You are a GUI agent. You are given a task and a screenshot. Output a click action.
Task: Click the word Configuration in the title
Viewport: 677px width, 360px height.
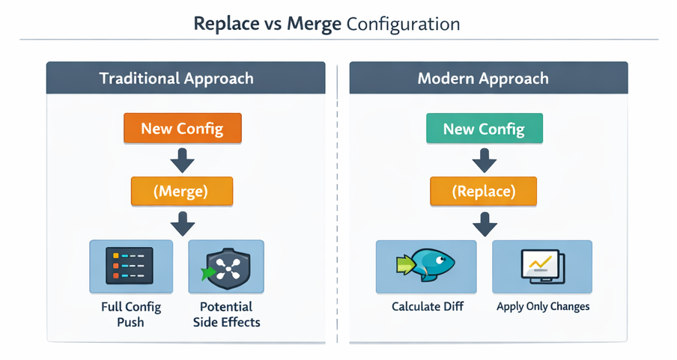pos(403,23)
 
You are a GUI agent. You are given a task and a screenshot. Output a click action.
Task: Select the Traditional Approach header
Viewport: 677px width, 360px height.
pos(177,79)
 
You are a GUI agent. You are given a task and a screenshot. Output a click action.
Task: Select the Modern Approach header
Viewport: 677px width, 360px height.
pos(483,79)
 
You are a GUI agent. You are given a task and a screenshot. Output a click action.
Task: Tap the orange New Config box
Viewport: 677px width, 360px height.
pos(182,128)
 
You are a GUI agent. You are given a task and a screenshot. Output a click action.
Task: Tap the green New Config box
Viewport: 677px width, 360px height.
pos(484,129)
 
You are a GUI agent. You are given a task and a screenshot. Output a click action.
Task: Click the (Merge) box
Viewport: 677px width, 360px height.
pos(181,191)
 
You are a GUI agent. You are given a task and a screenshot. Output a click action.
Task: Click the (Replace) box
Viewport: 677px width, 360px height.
pos(483,191)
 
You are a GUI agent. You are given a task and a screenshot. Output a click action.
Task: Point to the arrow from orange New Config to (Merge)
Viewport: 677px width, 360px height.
pos(182,159)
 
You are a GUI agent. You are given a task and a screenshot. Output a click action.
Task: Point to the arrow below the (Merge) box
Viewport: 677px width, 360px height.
pos(182,223)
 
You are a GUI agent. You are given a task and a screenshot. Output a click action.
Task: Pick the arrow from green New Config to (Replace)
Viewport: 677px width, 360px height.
pos(484,159)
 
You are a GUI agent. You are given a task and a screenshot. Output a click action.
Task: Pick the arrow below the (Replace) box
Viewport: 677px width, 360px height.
pos(484,223)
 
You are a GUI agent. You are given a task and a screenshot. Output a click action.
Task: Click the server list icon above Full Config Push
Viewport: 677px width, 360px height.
pos(131,266)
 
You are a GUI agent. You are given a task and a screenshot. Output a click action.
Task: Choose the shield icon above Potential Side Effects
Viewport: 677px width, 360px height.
pos(225,266)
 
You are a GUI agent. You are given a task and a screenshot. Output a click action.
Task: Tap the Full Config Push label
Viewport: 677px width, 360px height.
pos(131,314)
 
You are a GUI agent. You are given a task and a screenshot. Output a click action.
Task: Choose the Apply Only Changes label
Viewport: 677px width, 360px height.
pos(543,307)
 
